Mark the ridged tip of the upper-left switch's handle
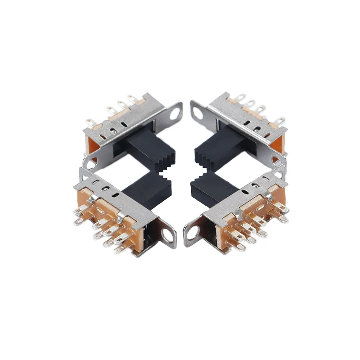pyautogui.click(x=169, y=158)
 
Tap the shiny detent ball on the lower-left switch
pyautogui.click(x=106, y=189)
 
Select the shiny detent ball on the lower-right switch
pyautogui.click(x=256, y=184)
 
